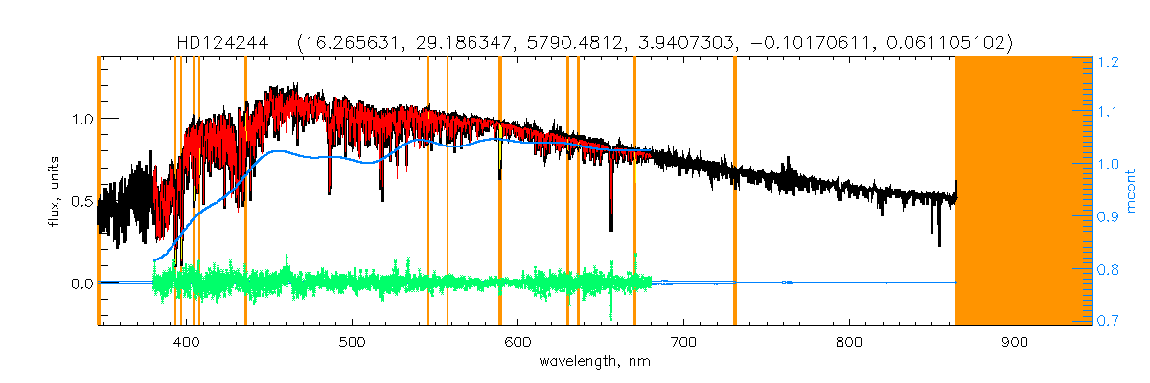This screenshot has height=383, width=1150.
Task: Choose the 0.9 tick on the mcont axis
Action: (x=1110, y=217)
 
